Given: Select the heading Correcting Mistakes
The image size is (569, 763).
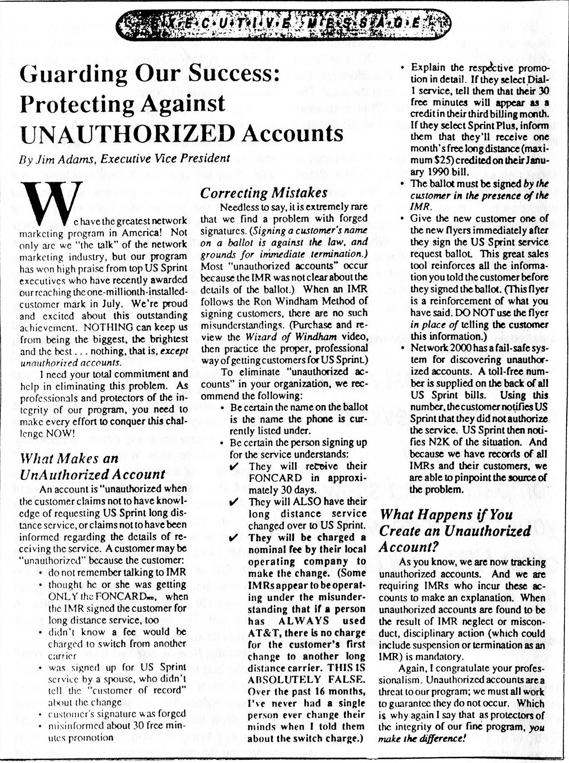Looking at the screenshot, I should [264, 193].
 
